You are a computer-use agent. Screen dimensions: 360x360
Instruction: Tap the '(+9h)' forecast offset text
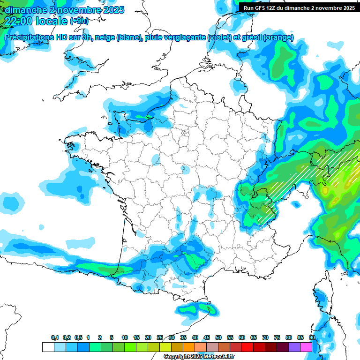(x=79, y=21)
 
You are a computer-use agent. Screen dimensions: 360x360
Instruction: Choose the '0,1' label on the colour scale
(x=55, y=337)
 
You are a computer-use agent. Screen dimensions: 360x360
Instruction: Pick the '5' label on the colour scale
(x=112, y=337)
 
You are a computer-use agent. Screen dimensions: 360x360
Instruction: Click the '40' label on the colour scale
(x=195, y=337)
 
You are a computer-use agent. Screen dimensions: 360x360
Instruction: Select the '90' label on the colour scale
(x=312, y=337)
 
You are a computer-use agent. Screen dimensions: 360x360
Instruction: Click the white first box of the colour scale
(x=48, y=347)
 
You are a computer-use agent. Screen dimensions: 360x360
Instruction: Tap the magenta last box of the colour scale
(x=306, y=347)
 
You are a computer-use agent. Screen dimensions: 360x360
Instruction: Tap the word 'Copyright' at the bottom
(x=176, y=357)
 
